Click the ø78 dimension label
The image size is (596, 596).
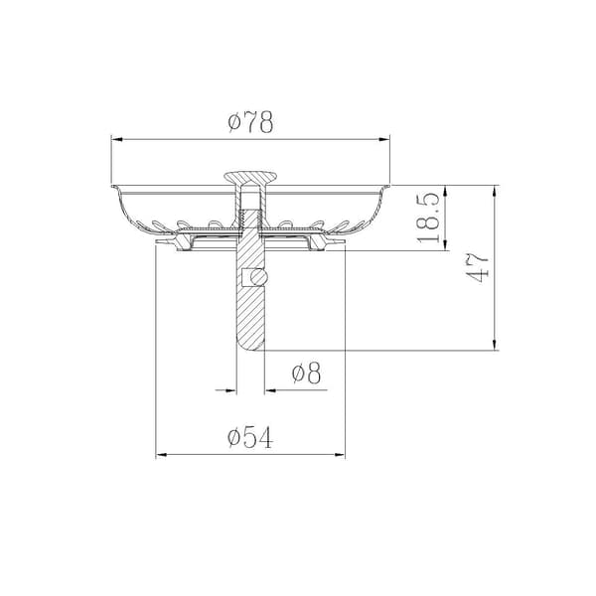tap(250, 122)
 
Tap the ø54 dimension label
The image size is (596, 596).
tap(250, 437)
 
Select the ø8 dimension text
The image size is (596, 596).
tap(306, 372)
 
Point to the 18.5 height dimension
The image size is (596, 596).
tap(428, 218)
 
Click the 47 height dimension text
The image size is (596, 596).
tap(477, 268)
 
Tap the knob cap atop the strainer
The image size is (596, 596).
tap(250, 177)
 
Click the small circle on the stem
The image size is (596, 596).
tap(258, 277)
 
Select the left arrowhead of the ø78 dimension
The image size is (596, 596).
tap(117, 140)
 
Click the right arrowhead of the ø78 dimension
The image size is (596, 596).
tap(384, 140)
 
